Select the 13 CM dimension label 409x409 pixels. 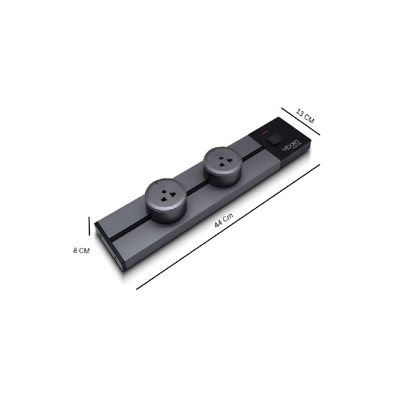point(305,116)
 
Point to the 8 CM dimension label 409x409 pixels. point(81,250)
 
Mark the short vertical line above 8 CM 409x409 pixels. point(89,227)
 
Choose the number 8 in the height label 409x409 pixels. point(75,250)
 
